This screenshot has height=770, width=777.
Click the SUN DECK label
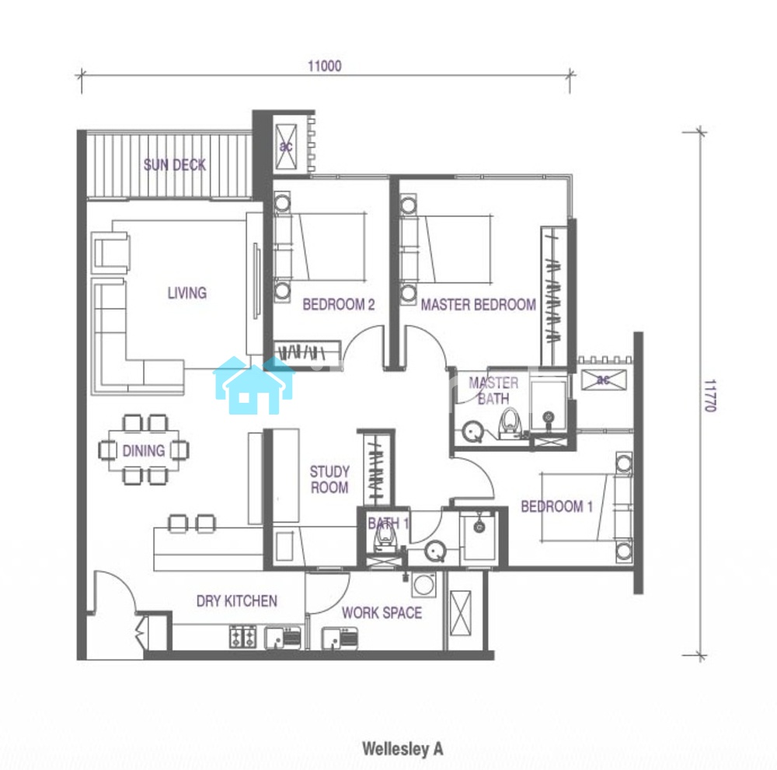click(174, 165)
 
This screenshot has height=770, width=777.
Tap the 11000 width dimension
click(325, 66)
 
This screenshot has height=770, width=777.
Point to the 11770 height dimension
click(709, 395)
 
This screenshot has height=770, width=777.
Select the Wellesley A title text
click(402, 749)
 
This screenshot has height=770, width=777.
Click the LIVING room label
click(186, 292)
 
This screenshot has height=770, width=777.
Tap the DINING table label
click(144, 450)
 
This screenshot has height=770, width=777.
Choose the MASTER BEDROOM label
click(478, 304)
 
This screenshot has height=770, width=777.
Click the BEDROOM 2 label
click(339, 304)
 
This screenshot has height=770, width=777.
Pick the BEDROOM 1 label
click(556, 506)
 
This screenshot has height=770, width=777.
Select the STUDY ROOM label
click(329, 479)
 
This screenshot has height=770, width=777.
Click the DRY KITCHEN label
click(237, 600)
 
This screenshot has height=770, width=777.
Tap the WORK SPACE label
click(382, 613)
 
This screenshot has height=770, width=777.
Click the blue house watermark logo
click(254, 386)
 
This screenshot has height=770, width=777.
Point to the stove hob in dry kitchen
click(242, 637)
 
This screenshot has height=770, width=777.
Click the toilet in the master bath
click(510, 423)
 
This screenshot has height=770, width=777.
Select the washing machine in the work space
click(424, 584)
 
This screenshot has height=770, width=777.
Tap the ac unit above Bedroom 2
click(286, 147)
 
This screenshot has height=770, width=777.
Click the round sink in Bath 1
click(436, 551)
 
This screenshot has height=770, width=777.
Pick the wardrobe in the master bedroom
click(554, 296)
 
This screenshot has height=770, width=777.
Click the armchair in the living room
click(110, 251)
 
